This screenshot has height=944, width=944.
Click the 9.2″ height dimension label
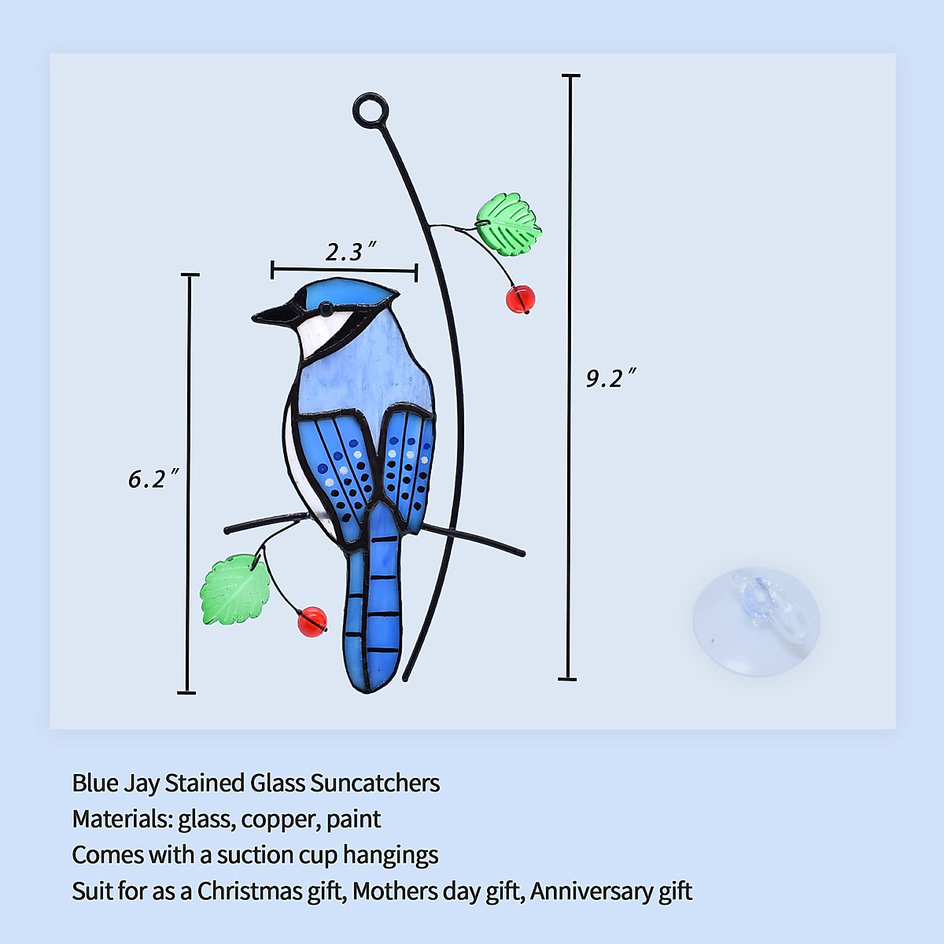[610, 378]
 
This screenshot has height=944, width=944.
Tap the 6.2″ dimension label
[153, 478]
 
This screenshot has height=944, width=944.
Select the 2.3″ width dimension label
[349, 252]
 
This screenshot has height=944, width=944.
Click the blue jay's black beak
[272, 315]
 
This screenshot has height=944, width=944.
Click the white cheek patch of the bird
[323, 330]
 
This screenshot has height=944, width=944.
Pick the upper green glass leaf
[509, 223]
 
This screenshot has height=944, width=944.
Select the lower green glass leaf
[234, 589]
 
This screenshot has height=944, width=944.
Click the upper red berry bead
[520, 299]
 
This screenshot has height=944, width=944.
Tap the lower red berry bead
[312, 621]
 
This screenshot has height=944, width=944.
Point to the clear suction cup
[756, 621]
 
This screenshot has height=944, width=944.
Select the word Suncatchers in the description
[374, 784]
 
